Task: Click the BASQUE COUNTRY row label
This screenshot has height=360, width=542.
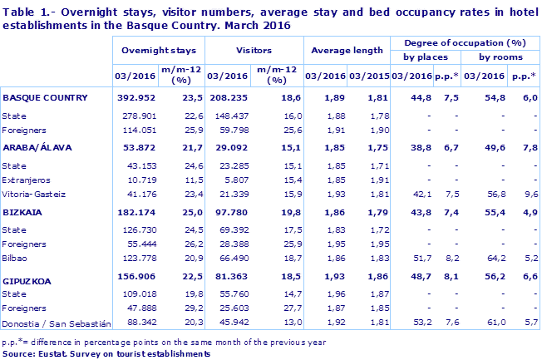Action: (45, 97)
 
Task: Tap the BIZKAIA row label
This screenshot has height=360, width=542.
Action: (24, 211)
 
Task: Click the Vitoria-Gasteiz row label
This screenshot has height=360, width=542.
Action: (34, 194)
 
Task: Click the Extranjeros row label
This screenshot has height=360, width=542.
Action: (27, 179)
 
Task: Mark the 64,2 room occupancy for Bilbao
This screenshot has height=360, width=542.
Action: (497, 259)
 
